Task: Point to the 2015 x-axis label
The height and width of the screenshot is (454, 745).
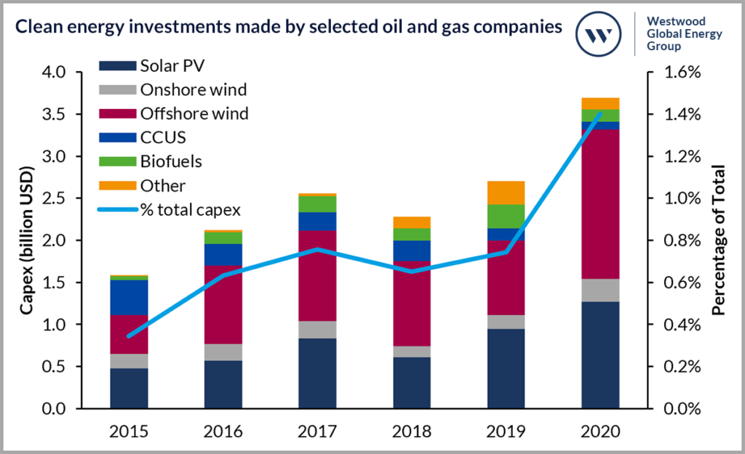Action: click(x=130, y=431)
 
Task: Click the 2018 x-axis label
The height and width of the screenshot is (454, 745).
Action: click(x=412, y=431)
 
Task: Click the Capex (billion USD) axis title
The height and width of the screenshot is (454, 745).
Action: click(x=27, y=240)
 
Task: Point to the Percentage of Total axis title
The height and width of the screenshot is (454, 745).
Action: click(x=718, y=240)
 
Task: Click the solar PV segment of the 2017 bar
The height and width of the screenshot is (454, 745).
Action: click(x=318, y=373)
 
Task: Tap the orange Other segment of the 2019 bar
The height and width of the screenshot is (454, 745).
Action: click(x=506, y=192)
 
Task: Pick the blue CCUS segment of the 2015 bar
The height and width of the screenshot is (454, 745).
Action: click(x=130, y=297)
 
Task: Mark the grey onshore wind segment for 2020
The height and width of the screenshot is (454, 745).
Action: click(x=600, y=291)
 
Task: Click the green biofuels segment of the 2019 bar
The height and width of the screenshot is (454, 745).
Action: click(x=506, y=216)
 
